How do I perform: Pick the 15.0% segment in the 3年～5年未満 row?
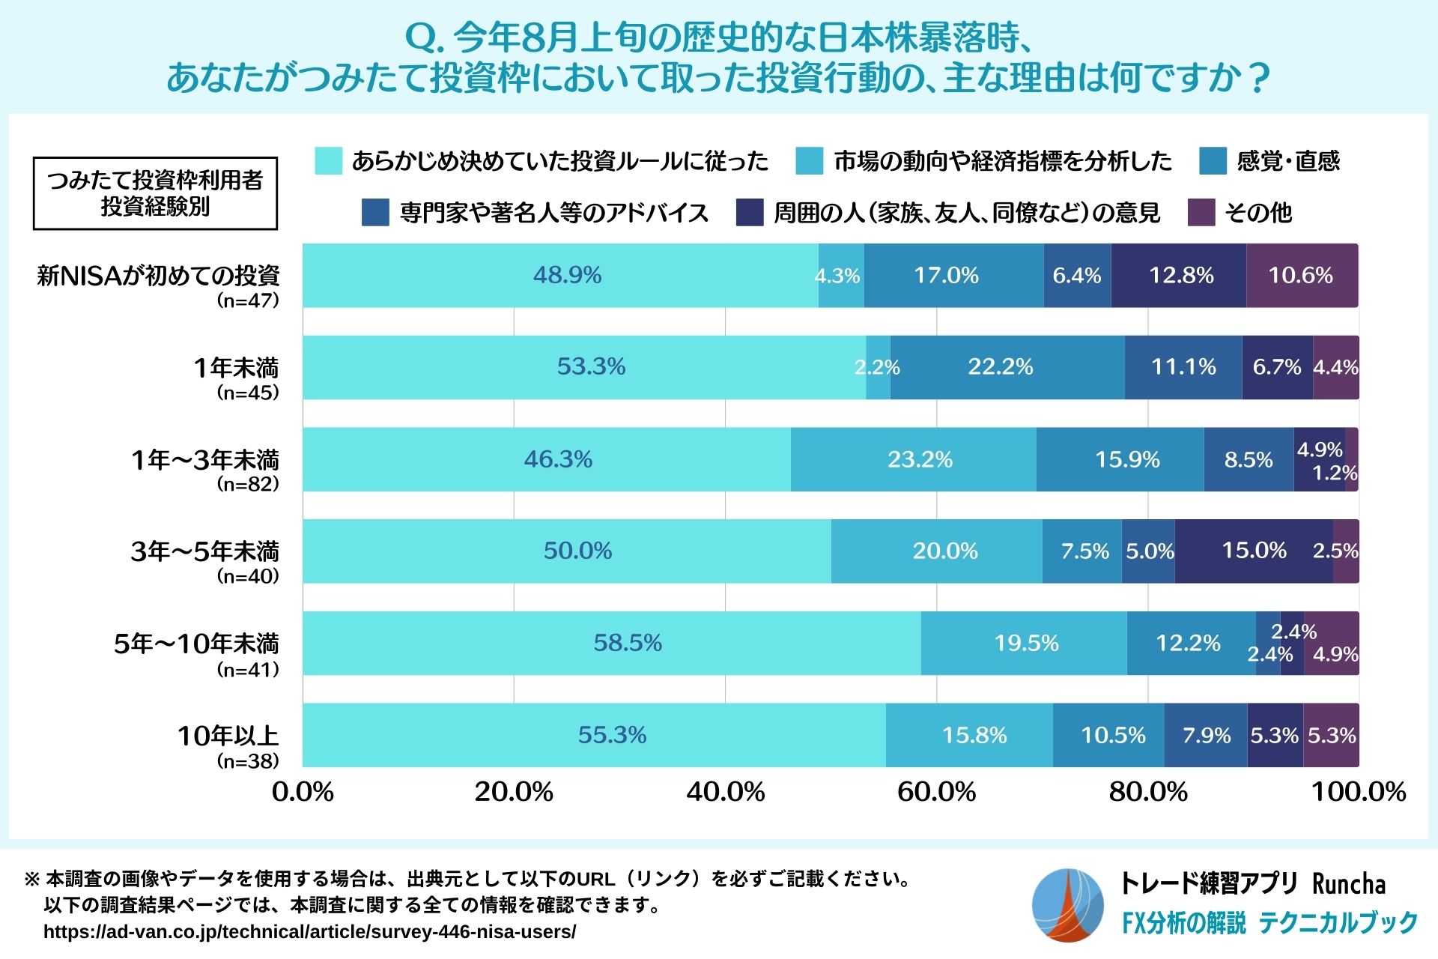pyautogui.click(x=1253, y=551)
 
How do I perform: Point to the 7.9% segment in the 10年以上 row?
pyautogui.click(x=1206, y=735)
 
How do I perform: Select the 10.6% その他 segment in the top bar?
pyautogui.click(x=1302, y=276)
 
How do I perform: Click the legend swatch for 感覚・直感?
pyautogui.click(x=1213, y=161)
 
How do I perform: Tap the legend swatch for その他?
pyautogui.click(x=1201, y=213)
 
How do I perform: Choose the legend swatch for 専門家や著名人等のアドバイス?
pyautogui.click(x=375, y=213)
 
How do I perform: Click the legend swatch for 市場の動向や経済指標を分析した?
pyautogui.click(x=809, y=161)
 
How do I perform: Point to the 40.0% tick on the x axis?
pyautogui.click(x=725, y=792)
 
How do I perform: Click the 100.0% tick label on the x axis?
pyautogui.click(x=1359, y=792)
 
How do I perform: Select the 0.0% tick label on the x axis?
pyautogui.click(x=303, y=792)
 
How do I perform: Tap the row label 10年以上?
pyautogui.click(x=228, y=736)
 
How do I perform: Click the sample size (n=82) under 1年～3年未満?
pyautogui.click(x=248, y=484)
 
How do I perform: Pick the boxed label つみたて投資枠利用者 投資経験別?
pyautogui.click(x=155, y=193)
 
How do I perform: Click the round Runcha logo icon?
pyautogui.click(x=1067, y=905)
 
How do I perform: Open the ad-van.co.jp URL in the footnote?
pyautogui.click(x=309, y=932)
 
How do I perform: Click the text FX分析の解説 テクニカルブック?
pyautogui.click(x=1269, y=923)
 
